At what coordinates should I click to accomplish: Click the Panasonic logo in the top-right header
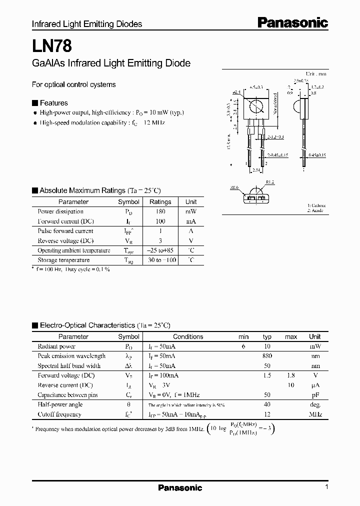pos(292,22)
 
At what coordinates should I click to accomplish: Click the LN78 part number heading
pos(52,46)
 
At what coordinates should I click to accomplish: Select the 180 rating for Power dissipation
pos(160,211)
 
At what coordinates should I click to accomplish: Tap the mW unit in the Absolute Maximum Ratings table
pos(191,211)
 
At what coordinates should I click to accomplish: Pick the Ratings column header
pos(160,202)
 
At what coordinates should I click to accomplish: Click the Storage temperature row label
pos(63,260)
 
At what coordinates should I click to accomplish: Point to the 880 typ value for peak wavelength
pos(267,356)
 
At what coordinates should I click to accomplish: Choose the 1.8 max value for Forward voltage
pos(290,375)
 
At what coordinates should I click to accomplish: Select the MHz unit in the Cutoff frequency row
pos(315,414)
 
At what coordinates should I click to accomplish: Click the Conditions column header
pos(188,337)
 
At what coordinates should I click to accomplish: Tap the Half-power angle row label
pos(60,404)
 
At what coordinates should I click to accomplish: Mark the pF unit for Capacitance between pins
pos(315,395)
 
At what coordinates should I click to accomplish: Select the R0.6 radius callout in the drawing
pos(234,188)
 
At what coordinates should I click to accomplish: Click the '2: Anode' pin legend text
pos(315,210)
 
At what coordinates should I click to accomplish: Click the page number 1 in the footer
pos(326,487)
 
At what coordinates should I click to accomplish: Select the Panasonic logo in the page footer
pos(180,487)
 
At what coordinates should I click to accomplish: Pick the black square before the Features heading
pos(34,103)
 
